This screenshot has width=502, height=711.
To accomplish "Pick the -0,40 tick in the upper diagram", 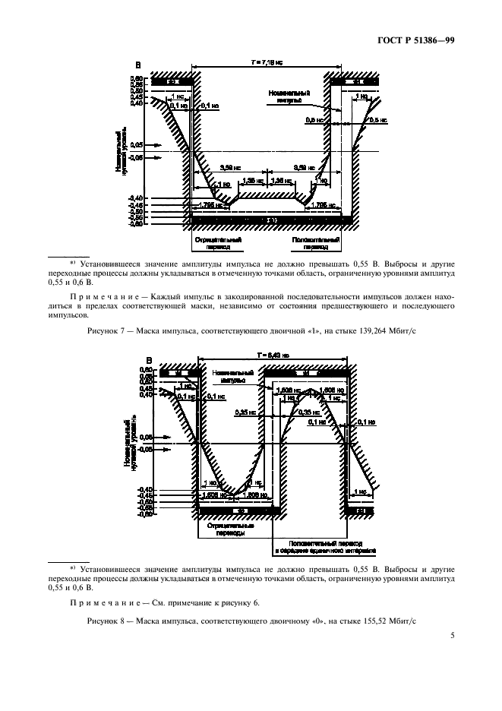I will tap(137, 199).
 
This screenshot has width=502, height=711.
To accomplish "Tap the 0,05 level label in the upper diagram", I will tap(137, 144).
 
